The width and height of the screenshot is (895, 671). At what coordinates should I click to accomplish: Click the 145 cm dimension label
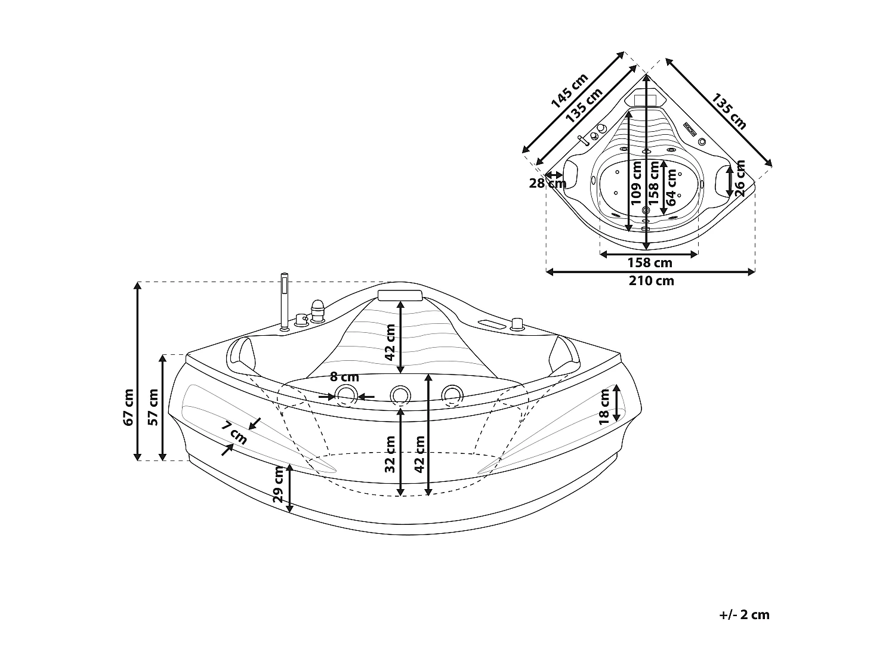(x=570, y=90)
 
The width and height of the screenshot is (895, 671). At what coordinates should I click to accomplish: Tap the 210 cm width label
(x=651, y=281)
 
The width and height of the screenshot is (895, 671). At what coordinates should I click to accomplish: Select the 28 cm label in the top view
(x=547, y=183)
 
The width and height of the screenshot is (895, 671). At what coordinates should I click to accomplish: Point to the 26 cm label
(x=740, y=178)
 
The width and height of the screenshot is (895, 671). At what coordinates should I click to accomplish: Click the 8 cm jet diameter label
(x=344, y=377)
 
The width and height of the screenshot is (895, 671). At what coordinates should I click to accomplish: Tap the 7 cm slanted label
(x=234, y=434)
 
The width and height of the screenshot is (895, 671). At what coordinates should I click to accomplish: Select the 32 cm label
(x=390, y=454)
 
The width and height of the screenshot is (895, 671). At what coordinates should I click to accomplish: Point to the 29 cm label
(x=278, y=484)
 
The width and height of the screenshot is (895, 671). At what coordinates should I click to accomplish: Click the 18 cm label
(x=604, y=406)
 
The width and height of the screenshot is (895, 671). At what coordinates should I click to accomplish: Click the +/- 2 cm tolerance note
(x=744, y=615)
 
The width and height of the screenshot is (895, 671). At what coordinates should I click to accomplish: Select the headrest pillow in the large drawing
(x=400, y=295)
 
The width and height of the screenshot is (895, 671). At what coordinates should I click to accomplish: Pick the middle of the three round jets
(x=400, y=394)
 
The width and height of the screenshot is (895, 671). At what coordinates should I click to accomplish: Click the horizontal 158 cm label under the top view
(x=649, y=262)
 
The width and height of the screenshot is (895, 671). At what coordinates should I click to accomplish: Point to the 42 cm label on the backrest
(x=390, y=342)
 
